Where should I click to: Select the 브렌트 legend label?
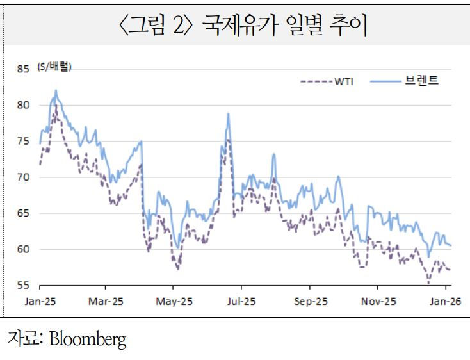point(421,81)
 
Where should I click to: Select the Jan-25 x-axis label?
point(40,300)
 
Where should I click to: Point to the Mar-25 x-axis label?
point(106,300)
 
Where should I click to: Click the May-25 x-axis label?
point(174,300)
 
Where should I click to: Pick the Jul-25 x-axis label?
point(241,300)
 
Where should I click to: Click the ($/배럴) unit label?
point(54,67)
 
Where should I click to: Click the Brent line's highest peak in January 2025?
point(56,90)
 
